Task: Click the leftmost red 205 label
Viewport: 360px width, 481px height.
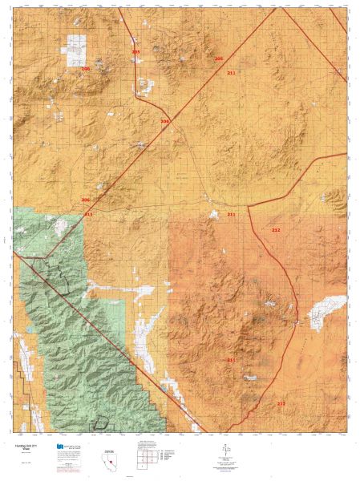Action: (x=136, y=51)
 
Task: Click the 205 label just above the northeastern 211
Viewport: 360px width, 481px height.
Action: (x=219, y=59)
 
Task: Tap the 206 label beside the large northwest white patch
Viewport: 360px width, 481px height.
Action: (x=86, y=69)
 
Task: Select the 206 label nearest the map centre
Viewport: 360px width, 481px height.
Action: (x=165, y=122)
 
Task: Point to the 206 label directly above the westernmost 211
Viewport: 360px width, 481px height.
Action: (x=86, y=200)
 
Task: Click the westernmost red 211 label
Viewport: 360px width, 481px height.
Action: (x=88, y=215)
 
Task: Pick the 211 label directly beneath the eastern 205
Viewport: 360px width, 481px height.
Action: (x=231, y=73)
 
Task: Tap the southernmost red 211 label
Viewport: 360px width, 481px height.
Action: (x=231, y=360)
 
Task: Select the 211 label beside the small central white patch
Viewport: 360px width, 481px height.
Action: (x=231, y=215)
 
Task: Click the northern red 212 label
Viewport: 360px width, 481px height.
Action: (x=276, y=230)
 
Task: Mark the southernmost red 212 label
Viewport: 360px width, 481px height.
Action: (x=281, y=403)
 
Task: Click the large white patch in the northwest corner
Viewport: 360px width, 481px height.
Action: (x=76, y=50)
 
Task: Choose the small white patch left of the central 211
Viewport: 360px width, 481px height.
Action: (x=213, y=214)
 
